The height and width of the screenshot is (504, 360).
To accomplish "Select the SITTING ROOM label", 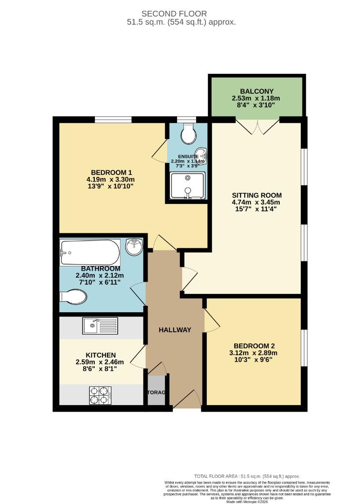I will [257, 195].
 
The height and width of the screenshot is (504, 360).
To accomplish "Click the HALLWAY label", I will [175, 330].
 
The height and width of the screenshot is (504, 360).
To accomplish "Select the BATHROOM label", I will [100, 269].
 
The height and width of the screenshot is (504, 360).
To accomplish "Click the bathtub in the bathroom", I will [89, 252].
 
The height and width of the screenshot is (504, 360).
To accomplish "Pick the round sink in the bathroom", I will [134, 246].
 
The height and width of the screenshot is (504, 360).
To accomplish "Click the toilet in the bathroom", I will [74, 296].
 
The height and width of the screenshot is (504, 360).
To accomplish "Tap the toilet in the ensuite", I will [189, 134].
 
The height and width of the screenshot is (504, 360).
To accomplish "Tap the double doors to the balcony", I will [257, 126].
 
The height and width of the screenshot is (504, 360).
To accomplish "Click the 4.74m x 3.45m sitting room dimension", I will [257, 203].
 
